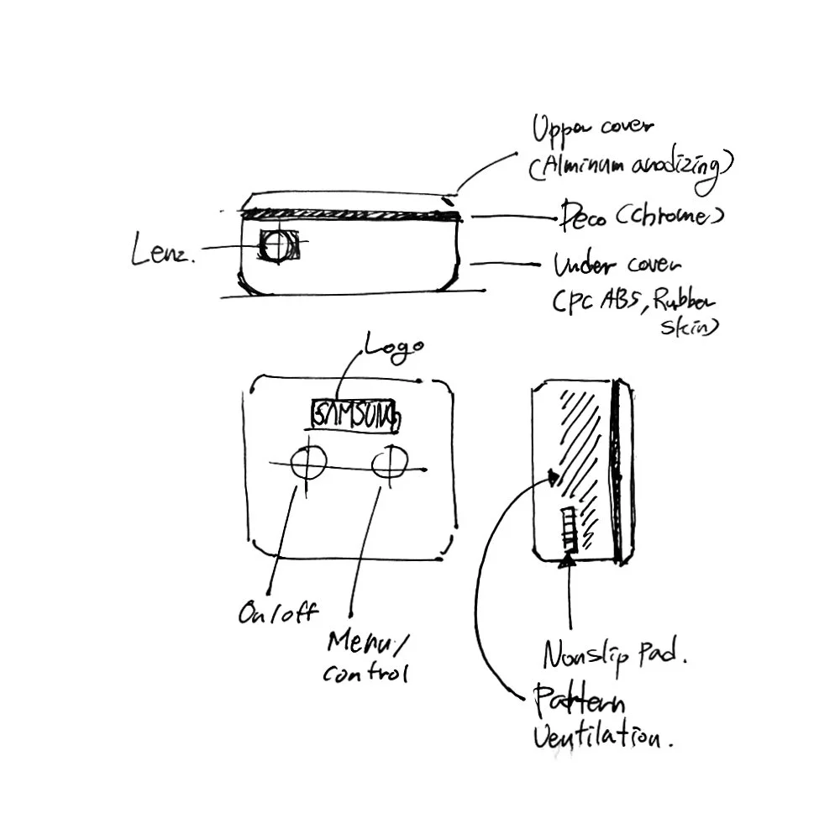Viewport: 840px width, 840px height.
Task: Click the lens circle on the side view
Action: click(x=275, y=246)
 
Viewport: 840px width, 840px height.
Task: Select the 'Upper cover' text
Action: click(x=593, y=130)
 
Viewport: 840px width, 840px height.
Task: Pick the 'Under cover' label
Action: click(x=617, y=266)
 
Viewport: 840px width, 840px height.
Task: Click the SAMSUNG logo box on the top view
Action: click(x=354, y=415)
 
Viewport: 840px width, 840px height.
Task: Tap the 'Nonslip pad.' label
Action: click(x=615, y=652)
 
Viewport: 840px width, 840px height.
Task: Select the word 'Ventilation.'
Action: click(x=603, y=737)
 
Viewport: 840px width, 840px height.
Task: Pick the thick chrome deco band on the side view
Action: click(x=349, y=216)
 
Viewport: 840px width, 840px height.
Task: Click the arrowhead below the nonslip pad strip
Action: click(x=568, y=559)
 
